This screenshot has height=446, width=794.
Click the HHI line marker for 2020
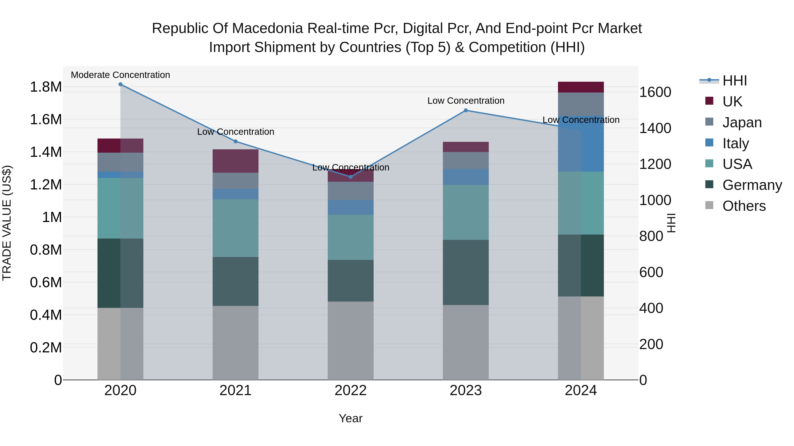120,84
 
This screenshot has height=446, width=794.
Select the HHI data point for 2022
350,177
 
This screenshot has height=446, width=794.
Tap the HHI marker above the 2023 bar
466,110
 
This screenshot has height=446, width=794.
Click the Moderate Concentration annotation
120,75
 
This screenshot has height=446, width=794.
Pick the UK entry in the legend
732,102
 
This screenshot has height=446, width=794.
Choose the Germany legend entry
752,185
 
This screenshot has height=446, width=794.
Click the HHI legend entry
734,81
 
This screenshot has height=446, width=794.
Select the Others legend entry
744,206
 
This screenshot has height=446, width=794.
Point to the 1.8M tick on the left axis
46,87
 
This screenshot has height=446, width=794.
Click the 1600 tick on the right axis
655,92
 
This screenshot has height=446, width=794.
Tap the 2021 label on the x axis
236,390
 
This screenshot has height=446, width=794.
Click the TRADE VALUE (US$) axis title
7,223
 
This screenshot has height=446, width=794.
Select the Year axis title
350,418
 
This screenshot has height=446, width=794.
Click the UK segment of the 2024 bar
581,87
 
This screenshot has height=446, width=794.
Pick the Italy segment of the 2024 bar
581,144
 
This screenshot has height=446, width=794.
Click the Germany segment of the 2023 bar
466,272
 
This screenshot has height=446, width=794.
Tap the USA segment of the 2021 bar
236,228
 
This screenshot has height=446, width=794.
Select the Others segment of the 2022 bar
350,341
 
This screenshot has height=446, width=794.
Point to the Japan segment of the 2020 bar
120,162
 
